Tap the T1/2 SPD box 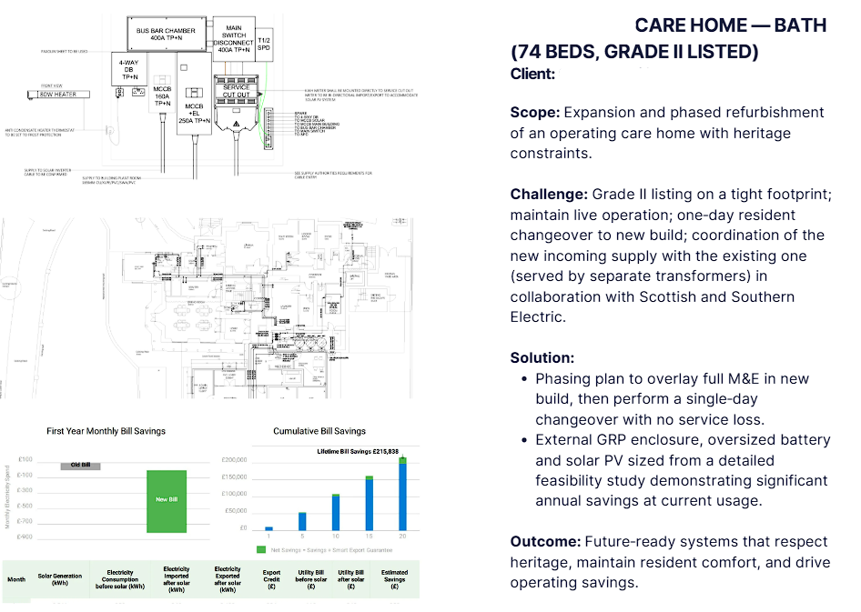(x=264, y=41)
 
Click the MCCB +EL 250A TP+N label (x=195, y=105)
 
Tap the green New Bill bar (x=167, y=501)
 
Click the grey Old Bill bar (x=79, y=465)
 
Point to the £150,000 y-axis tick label (x=235, y=477)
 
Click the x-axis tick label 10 (x=336, y=536)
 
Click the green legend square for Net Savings (x=261, y=549)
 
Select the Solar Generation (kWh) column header (x=59, y=578)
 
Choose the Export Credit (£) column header (x=271, y=578)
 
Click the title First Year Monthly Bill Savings (x=106, y=430)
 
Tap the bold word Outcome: (x=544, y=541)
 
